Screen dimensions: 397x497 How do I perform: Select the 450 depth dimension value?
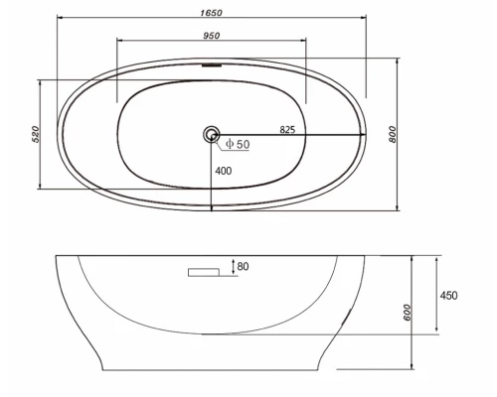point(449,295)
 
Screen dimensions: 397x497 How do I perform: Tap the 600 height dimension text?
point(409,313)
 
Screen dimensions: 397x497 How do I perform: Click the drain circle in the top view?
point(211,133)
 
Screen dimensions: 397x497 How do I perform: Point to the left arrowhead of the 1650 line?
point(58,17)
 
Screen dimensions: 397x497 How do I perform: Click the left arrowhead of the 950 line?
point(120,41)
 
